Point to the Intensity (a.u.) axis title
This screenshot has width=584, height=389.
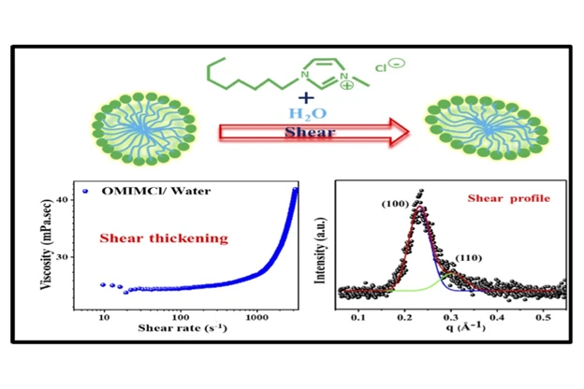[x=325, y=248]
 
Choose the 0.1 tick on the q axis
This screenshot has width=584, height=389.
[x=357, y=318]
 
